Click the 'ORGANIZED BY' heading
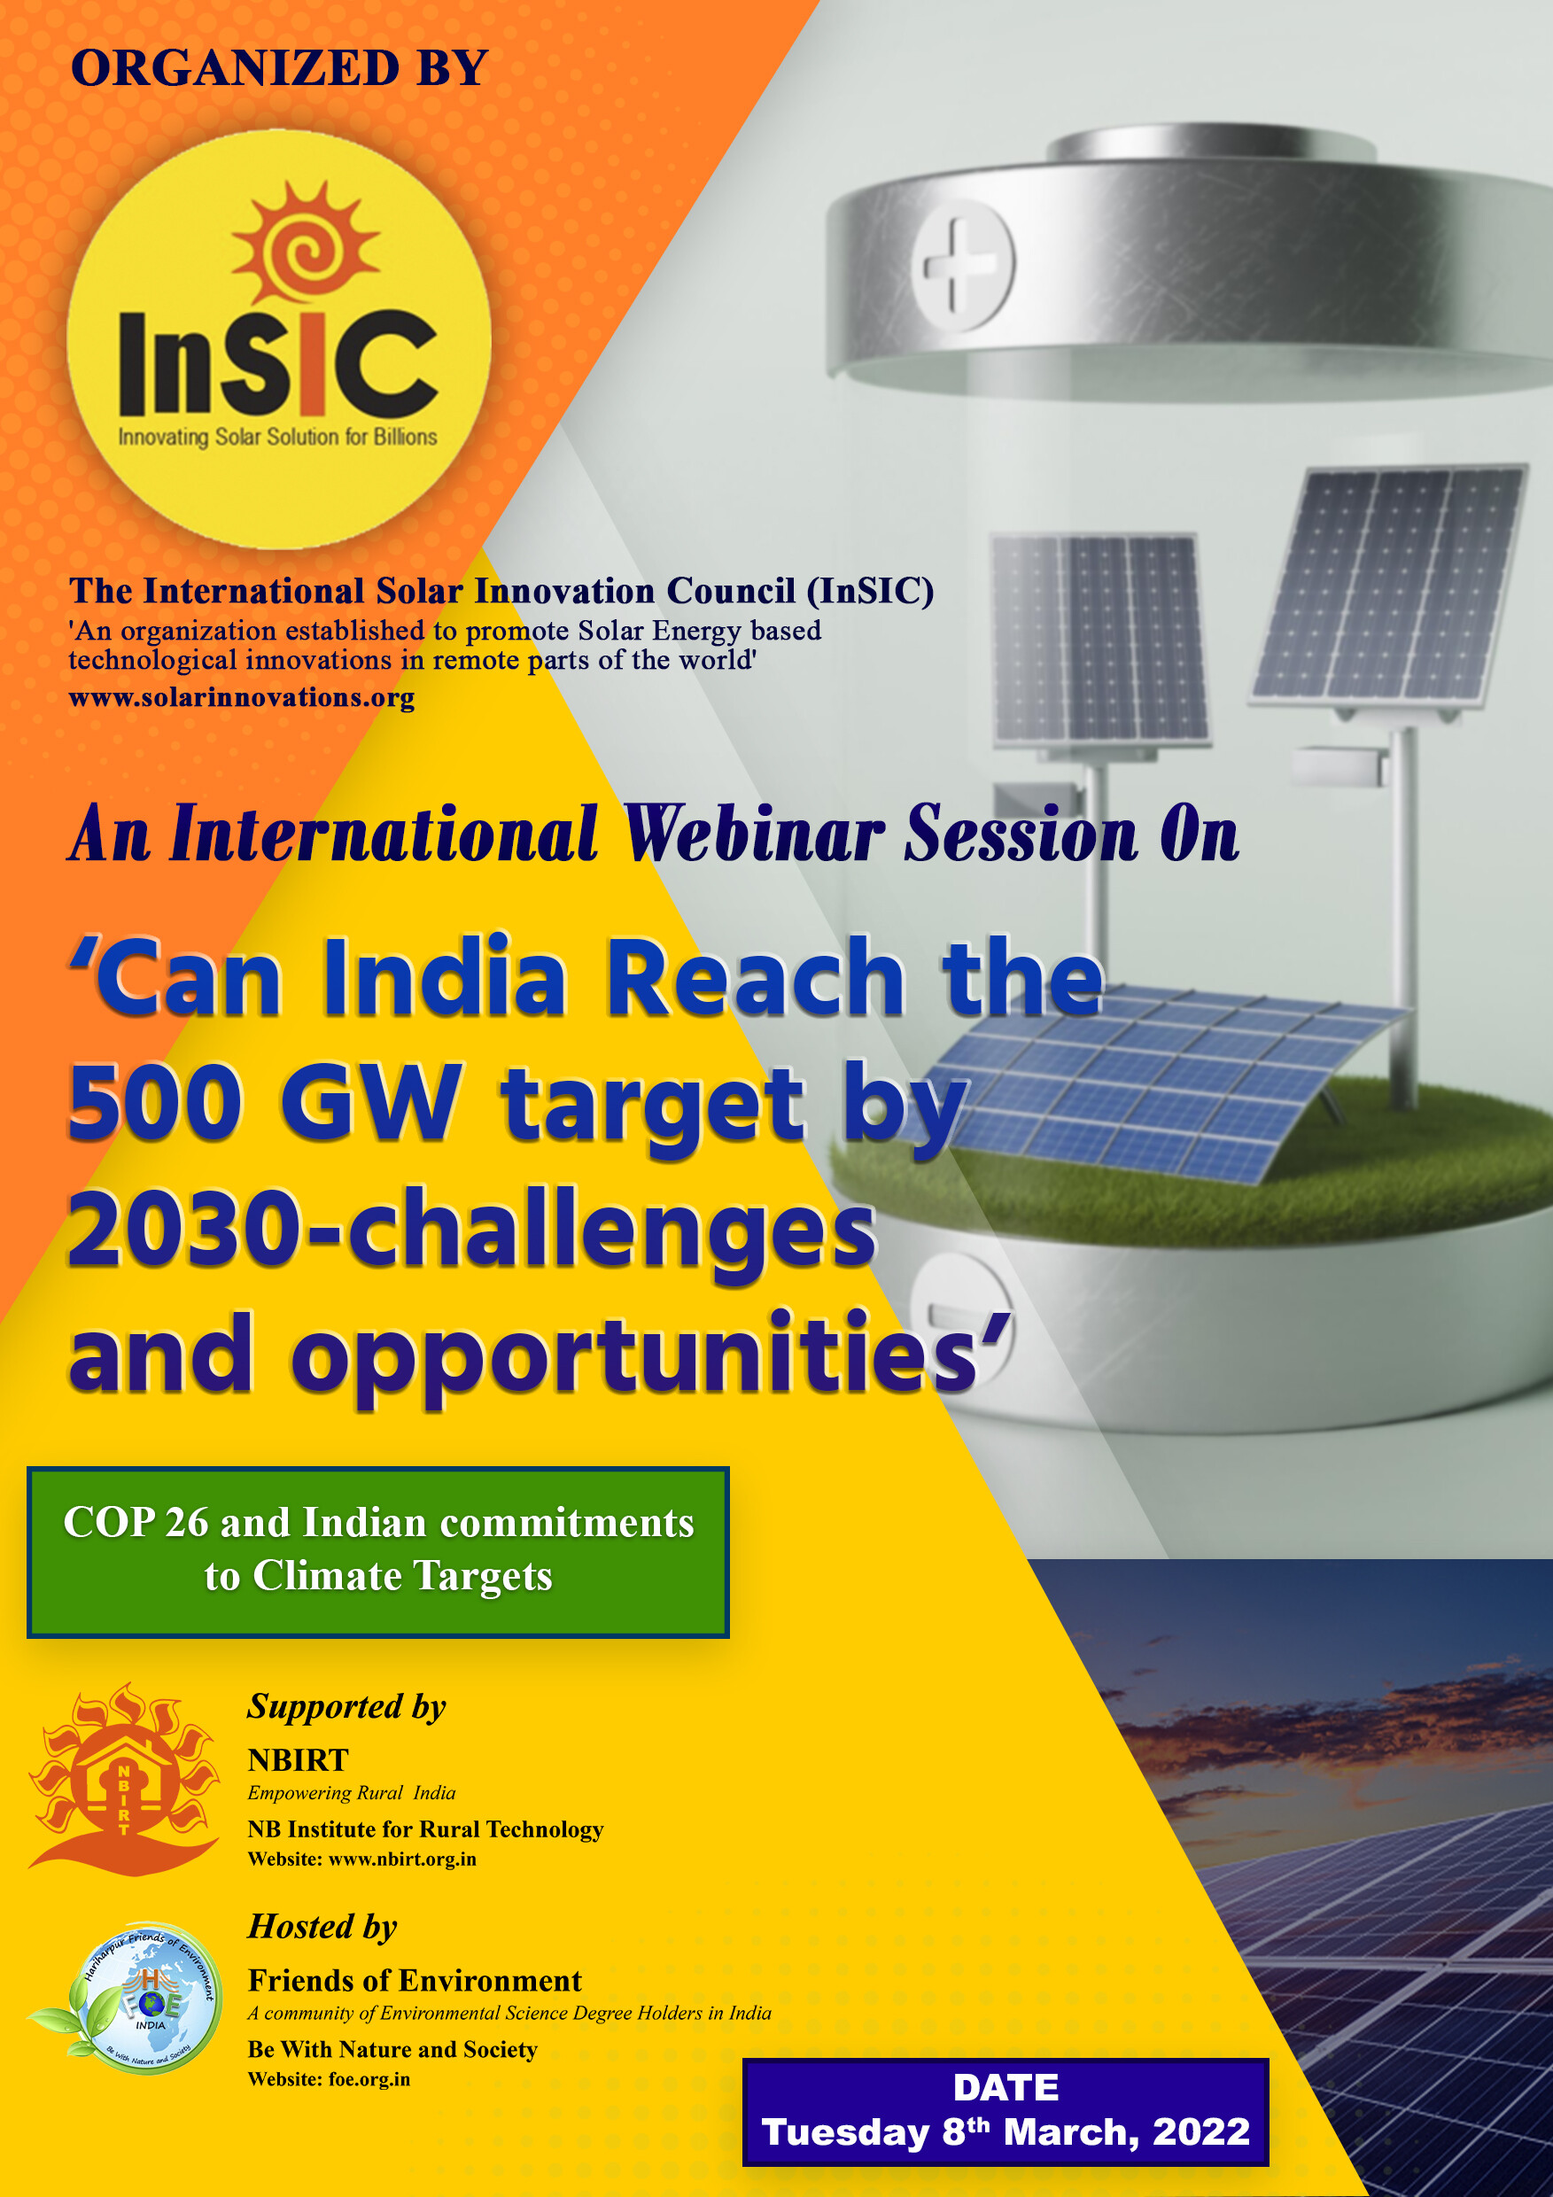tap(279, 68)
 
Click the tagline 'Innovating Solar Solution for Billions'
tap(277, 438)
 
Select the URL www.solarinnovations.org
tap(242, 697)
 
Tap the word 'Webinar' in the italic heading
tap(755, 835)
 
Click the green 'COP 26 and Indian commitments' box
tap(378, 1551)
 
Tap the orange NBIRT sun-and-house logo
tap(123, 1781)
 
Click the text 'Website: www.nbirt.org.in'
tap(361, 1859)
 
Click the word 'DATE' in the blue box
tap(1006, 2088)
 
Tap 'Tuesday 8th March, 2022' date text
tap(1006, 2132)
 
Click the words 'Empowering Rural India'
tap(351, 1793)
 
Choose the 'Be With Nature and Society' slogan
tap(392, 2049)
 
